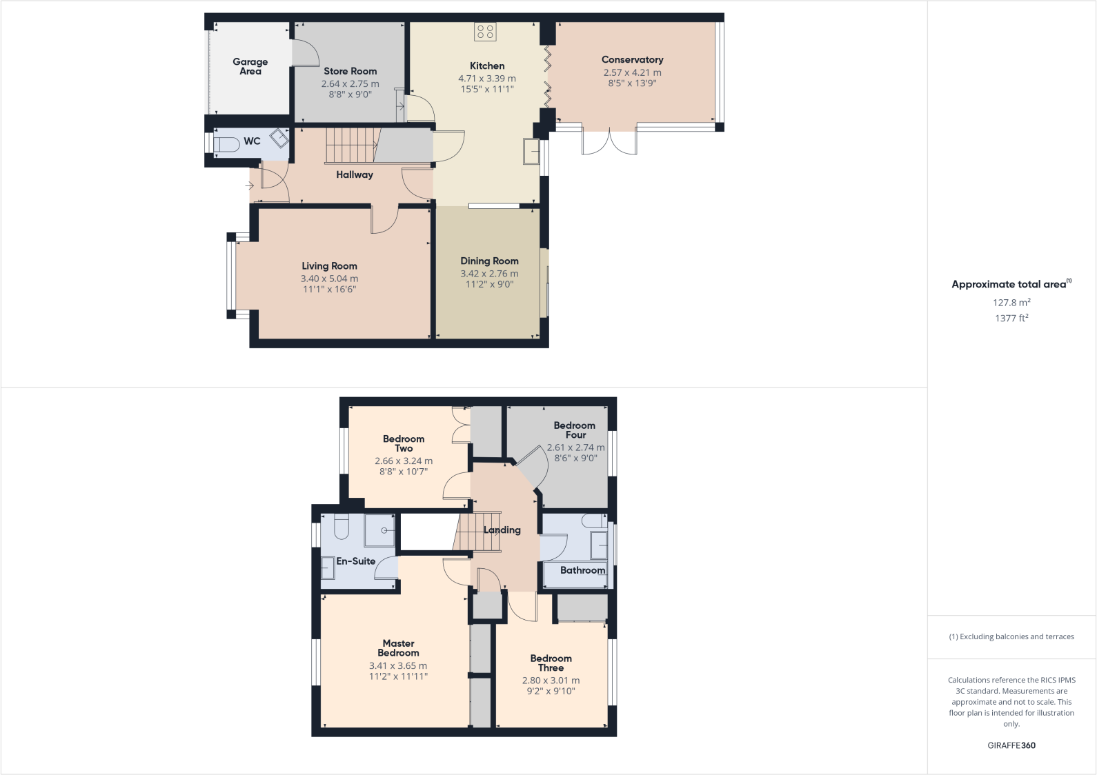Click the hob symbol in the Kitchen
point(485,31)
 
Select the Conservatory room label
point(632,60)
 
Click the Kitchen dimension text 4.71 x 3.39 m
point(487,79)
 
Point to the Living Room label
point(329,266)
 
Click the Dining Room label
point(489,261)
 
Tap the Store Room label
point(350,71)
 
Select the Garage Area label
point(250,66)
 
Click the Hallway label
point(355,175)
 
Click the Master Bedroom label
point(398,648)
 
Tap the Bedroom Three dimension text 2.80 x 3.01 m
point(551,681)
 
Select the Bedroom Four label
point(575,430)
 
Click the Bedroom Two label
point(404,443)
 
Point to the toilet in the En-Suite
point(342,527)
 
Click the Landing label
point(502,530)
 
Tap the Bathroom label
point(582,570)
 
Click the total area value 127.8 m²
point(1011,303)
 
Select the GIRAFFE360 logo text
point(1011,745)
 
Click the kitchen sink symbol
point(531,151)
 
